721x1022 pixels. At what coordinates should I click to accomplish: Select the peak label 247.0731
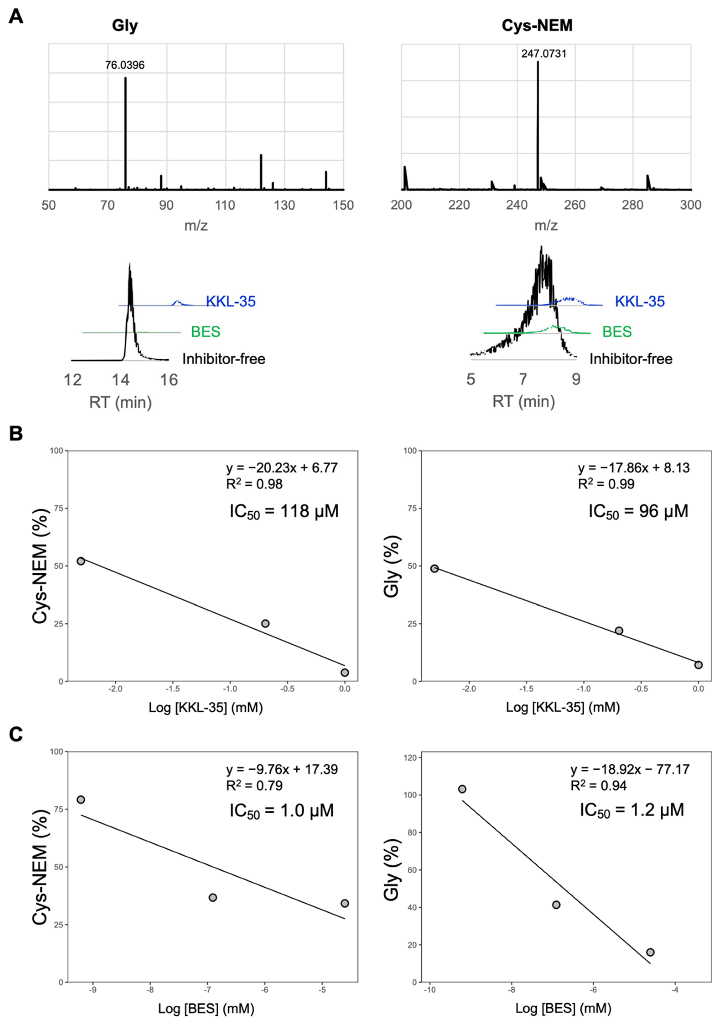tap(544, 54)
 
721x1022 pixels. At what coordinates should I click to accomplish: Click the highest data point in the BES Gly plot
tap(462, 789)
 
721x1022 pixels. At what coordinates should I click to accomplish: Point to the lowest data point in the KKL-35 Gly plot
tap(698, 665)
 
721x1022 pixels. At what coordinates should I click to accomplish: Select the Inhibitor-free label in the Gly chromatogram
tap(223, 359)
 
